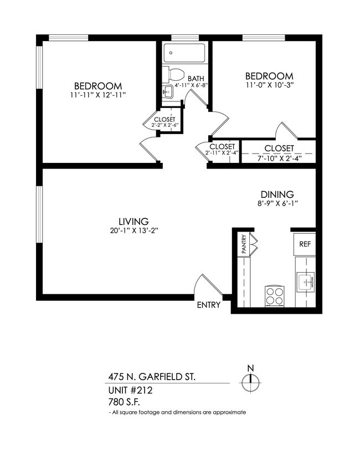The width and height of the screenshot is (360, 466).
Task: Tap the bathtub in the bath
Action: click(x=185, y=54)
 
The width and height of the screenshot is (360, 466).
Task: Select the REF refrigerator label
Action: click(x=305, y=244)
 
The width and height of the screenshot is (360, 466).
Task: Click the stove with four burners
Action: click(x=274, y=295)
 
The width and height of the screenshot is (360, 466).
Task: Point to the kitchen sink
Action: click(x=305, y=283)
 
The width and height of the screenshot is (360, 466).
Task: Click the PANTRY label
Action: click(x=243, y=244)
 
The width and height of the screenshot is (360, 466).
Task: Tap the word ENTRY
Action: click(x=209, y=305)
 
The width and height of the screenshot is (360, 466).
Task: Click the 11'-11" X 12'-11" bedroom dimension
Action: click(x=98, y=95)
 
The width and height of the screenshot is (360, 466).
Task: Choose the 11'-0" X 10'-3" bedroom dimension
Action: click(x=269, y=85)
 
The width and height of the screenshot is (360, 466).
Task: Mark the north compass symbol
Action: click(x=250, y=379)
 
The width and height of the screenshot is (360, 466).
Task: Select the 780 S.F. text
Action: click(x=125, y=402)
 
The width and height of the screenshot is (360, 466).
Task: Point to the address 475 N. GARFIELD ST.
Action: click(x=151, y=377)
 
